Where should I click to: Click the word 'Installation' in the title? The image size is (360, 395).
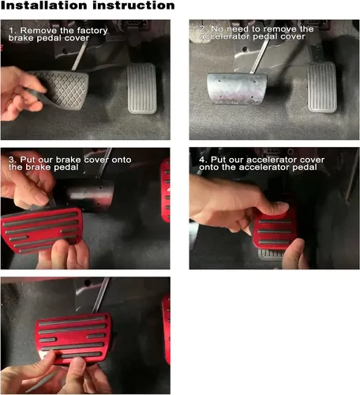coord(44,6)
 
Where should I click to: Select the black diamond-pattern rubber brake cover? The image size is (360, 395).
coord(59,89)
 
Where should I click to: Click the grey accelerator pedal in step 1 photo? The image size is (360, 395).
coord(142,88)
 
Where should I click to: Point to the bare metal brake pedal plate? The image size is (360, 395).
coord(237,88)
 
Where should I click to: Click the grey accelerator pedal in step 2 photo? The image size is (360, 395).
coord(322,87)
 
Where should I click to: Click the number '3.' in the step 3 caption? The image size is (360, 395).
coord(13,160)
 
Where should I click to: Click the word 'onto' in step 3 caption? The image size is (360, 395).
coord(122,160)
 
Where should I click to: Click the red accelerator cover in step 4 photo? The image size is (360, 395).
coord(274,231)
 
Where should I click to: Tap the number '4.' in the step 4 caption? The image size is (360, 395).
coord(204,160)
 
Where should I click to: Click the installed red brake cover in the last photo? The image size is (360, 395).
coord(73,338)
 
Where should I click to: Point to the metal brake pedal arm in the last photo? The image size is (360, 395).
coord(101,295)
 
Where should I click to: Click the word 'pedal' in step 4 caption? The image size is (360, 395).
coord(305,167)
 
